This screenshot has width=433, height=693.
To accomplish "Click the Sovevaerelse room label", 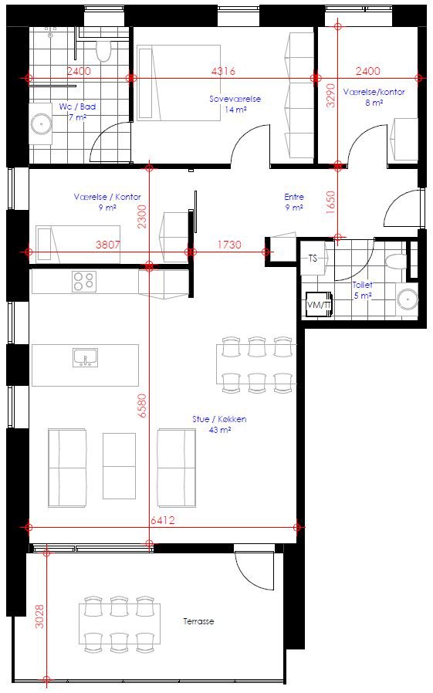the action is click(x=235, y=99).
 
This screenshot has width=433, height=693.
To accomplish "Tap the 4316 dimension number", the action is click(x=223, y=71).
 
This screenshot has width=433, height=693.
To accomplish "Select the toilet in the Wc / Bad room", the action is click(x=103, y=52).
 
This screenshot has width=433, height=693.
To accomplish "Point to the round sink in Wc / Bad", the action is click(x=41, y=123).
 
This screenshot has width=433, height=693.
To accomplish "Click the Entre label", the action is click(x=294, y=197).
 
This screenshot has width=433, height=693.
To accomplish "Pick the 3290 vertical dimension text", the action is click(x=330, y=96).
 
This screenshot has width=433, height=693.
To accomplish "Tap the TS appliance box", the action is click(x=313, y=258).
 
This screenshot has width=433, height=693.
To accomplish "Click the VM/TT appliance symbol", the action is click(x=319, y=305).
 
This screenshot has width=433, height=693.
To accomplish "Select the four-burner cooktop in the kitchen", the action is click(x=84, y=282).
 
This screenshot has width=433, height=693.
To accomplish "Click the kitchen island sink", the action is click(x=85, y=357).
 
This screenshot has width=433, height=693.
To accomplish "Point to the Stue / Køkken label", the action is click(x=219, y=419).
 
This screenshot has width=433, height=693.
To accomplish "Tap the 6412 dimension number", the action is click(x=163, y=520).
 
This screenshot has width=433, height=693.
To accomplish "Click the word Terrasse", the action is click(x=198, y=621).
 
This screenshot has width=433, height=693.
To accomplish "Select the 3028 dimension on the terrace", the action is click(x=39, y=616).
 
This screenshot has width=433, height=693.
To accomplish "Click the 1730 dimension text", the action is click(x=229, y=245).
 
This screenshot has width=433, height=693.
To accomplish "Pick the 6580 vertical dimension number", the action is click(x=141, y=406).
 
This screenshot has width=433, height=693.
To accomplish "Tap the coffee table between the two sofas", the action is click(x=120, y=466).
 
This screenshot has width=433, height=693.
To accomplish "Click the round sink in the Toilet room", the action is click(x=407, y=299).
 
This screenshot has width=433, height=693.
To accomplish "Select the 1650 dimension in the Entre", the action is click(x=330, y=202).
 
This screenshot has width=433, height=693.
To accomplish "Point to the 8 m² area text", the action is click(x=374, y=103).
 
